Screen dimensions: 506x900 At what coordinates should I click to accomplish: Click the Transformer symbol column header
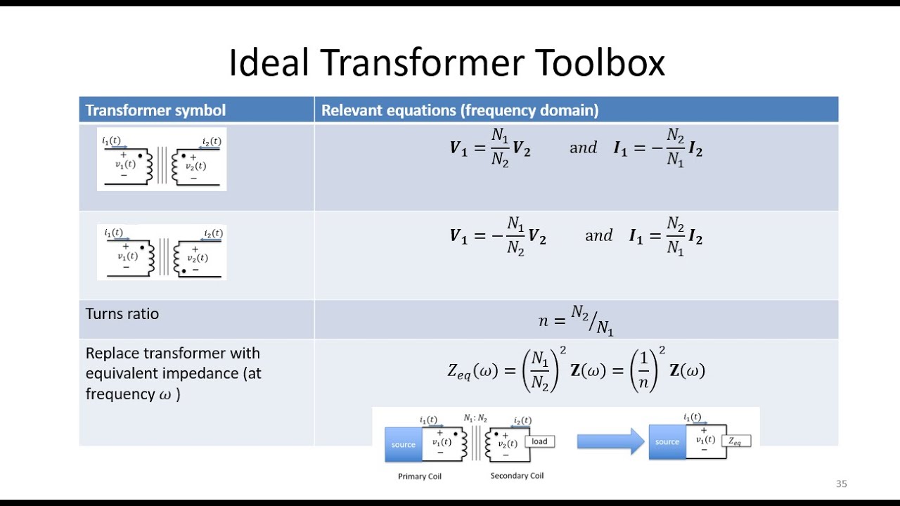[155, 110]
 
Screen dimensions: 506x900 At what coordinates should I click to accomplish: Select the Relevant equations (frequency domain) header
[460, 110]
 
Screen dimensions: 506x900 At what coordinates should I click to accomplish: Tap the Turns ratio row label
[122, 314]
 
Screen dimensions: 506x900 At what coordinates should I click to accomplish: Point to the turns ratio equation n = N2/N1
[576, 320]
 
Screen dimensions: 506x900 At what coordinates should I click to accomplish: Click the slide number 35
[841, 484]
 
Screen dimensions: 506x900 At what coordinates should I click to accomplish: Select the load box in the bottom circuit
[539, 441]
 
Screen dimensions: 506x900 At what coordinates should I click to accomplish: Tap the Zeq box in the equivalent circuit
[735, 441]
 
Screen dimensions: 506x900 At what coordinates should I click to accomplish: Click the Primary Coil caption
[420, 476]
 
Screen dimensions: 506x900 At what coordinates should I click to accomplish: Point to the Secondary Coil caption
[517, 476]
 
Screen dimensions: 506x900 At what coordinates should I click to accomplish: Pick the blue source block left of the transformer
[403, 444]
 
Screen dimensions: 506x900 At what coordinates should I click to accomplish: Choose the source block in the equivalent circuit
[667, 442]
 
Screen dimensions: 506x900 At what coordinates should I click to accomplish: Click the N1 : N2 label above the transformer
[475, 418]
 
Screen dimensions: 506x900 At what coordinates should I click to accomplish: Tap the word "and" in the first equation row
[583, 148]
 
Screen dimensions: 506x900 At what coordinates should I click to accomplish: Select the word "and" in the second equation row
[598, 236]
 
